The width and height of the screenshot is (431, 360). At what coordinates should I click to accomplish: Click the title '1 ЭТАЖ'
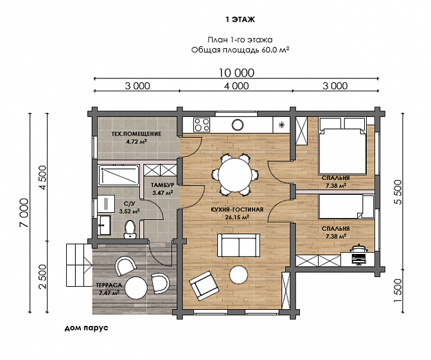pyautogui.click(x=240, y=19)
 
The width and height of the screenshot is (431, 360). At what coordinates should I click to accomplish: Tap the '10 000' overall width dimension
pyautogui.click(x=236, y=73)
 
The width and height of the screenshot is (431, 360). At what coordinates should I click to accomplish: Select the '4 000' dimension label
pyautogui.click(x=236, y=86)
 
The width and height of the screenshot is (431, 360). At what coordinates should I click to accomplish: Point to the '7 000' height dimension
pyautogui.click(x=24, y=213)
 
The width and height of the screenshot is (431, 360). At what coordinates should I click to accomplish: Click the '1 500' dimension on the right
pyautogui.click(x=398, y=291)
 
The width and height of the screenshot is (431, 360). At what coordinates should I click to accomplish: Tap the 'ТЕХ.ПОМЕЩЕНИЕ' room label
pyautogui.click(x=136, y=134)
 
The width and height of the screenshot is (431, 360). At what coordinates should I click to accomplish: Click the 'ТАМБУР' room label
pyautogui.click(x=162, y=185)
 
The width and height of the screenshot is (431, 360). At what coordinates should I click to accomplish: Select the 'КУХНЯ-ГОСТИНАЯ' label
pyautogui.click(x=237, y=210)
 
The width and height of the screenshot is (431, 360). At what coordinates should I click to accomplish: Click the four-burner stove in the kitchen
pyautogui.click(x=202, y=125)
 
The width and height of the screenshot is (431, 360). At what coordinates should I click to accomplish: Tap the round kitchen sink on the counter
pyautogui.click(x=238, y=125)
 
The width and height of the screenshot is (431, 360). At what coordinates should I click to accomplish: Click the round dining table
pyautogui.click(x=234, y=175)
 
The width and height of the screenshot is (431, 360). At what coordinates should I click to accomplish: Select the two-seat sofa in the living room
pyautogui.click(x=238, y=245)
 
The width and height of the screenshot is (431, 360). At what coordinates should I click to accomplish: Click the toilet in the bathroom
pyautogui.click(x=130, y=230)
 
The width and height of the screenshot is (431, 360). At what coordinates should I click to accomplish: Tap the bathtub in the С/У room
pyautogui.click(x=119, y=175)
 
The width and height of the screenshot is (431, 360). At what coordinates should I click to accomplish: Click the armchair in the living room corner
pyautogui.click(x=204, y=285)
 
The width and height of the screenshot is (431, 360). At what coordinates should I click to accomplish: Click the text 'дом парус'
pyautogui.click(x=86, y=328)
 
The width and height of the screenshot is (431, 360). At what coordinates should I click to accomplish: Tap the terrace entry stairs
pyautogui.click(x=78, y=265)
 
